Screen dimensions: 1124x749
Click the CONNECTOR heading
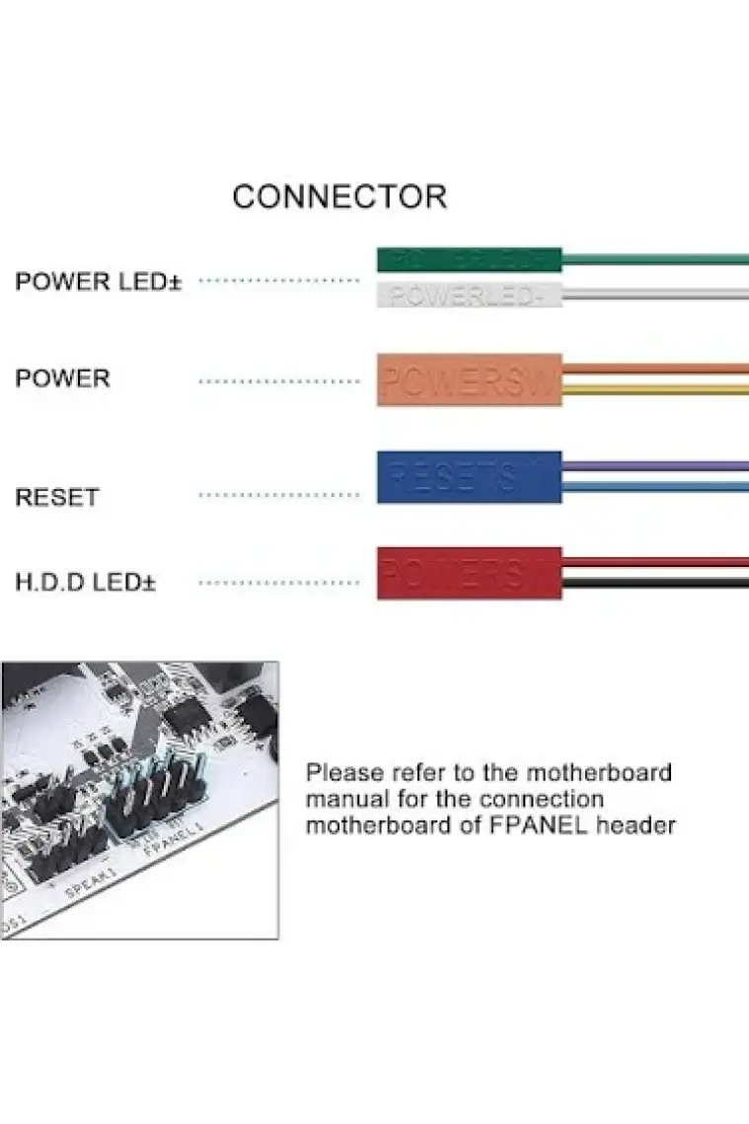[x=339, y=196]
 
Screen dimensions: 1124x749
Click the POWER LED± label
[x=99, y=282]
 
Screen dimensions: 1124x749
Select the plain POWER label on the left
[x=62, y=379]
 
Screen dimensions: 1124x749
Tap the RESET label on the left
[x=57, y=497]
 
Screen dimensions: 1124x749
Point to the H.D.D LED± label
[x=86, y=582]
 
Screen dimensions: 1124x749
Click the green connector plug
[x=469, y=260]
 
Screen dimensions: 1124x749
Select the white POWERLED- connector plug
[x=469, y=294]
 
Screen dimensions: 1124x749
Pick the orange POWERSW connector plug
[x=469, y=380]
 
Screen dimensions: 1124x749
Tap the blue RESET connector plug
[x=469, y=477]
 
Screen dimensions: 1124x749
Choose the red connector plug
[x=469, y=573]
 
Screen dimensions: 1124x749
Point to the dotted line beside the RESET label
[x=279, y=495]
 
